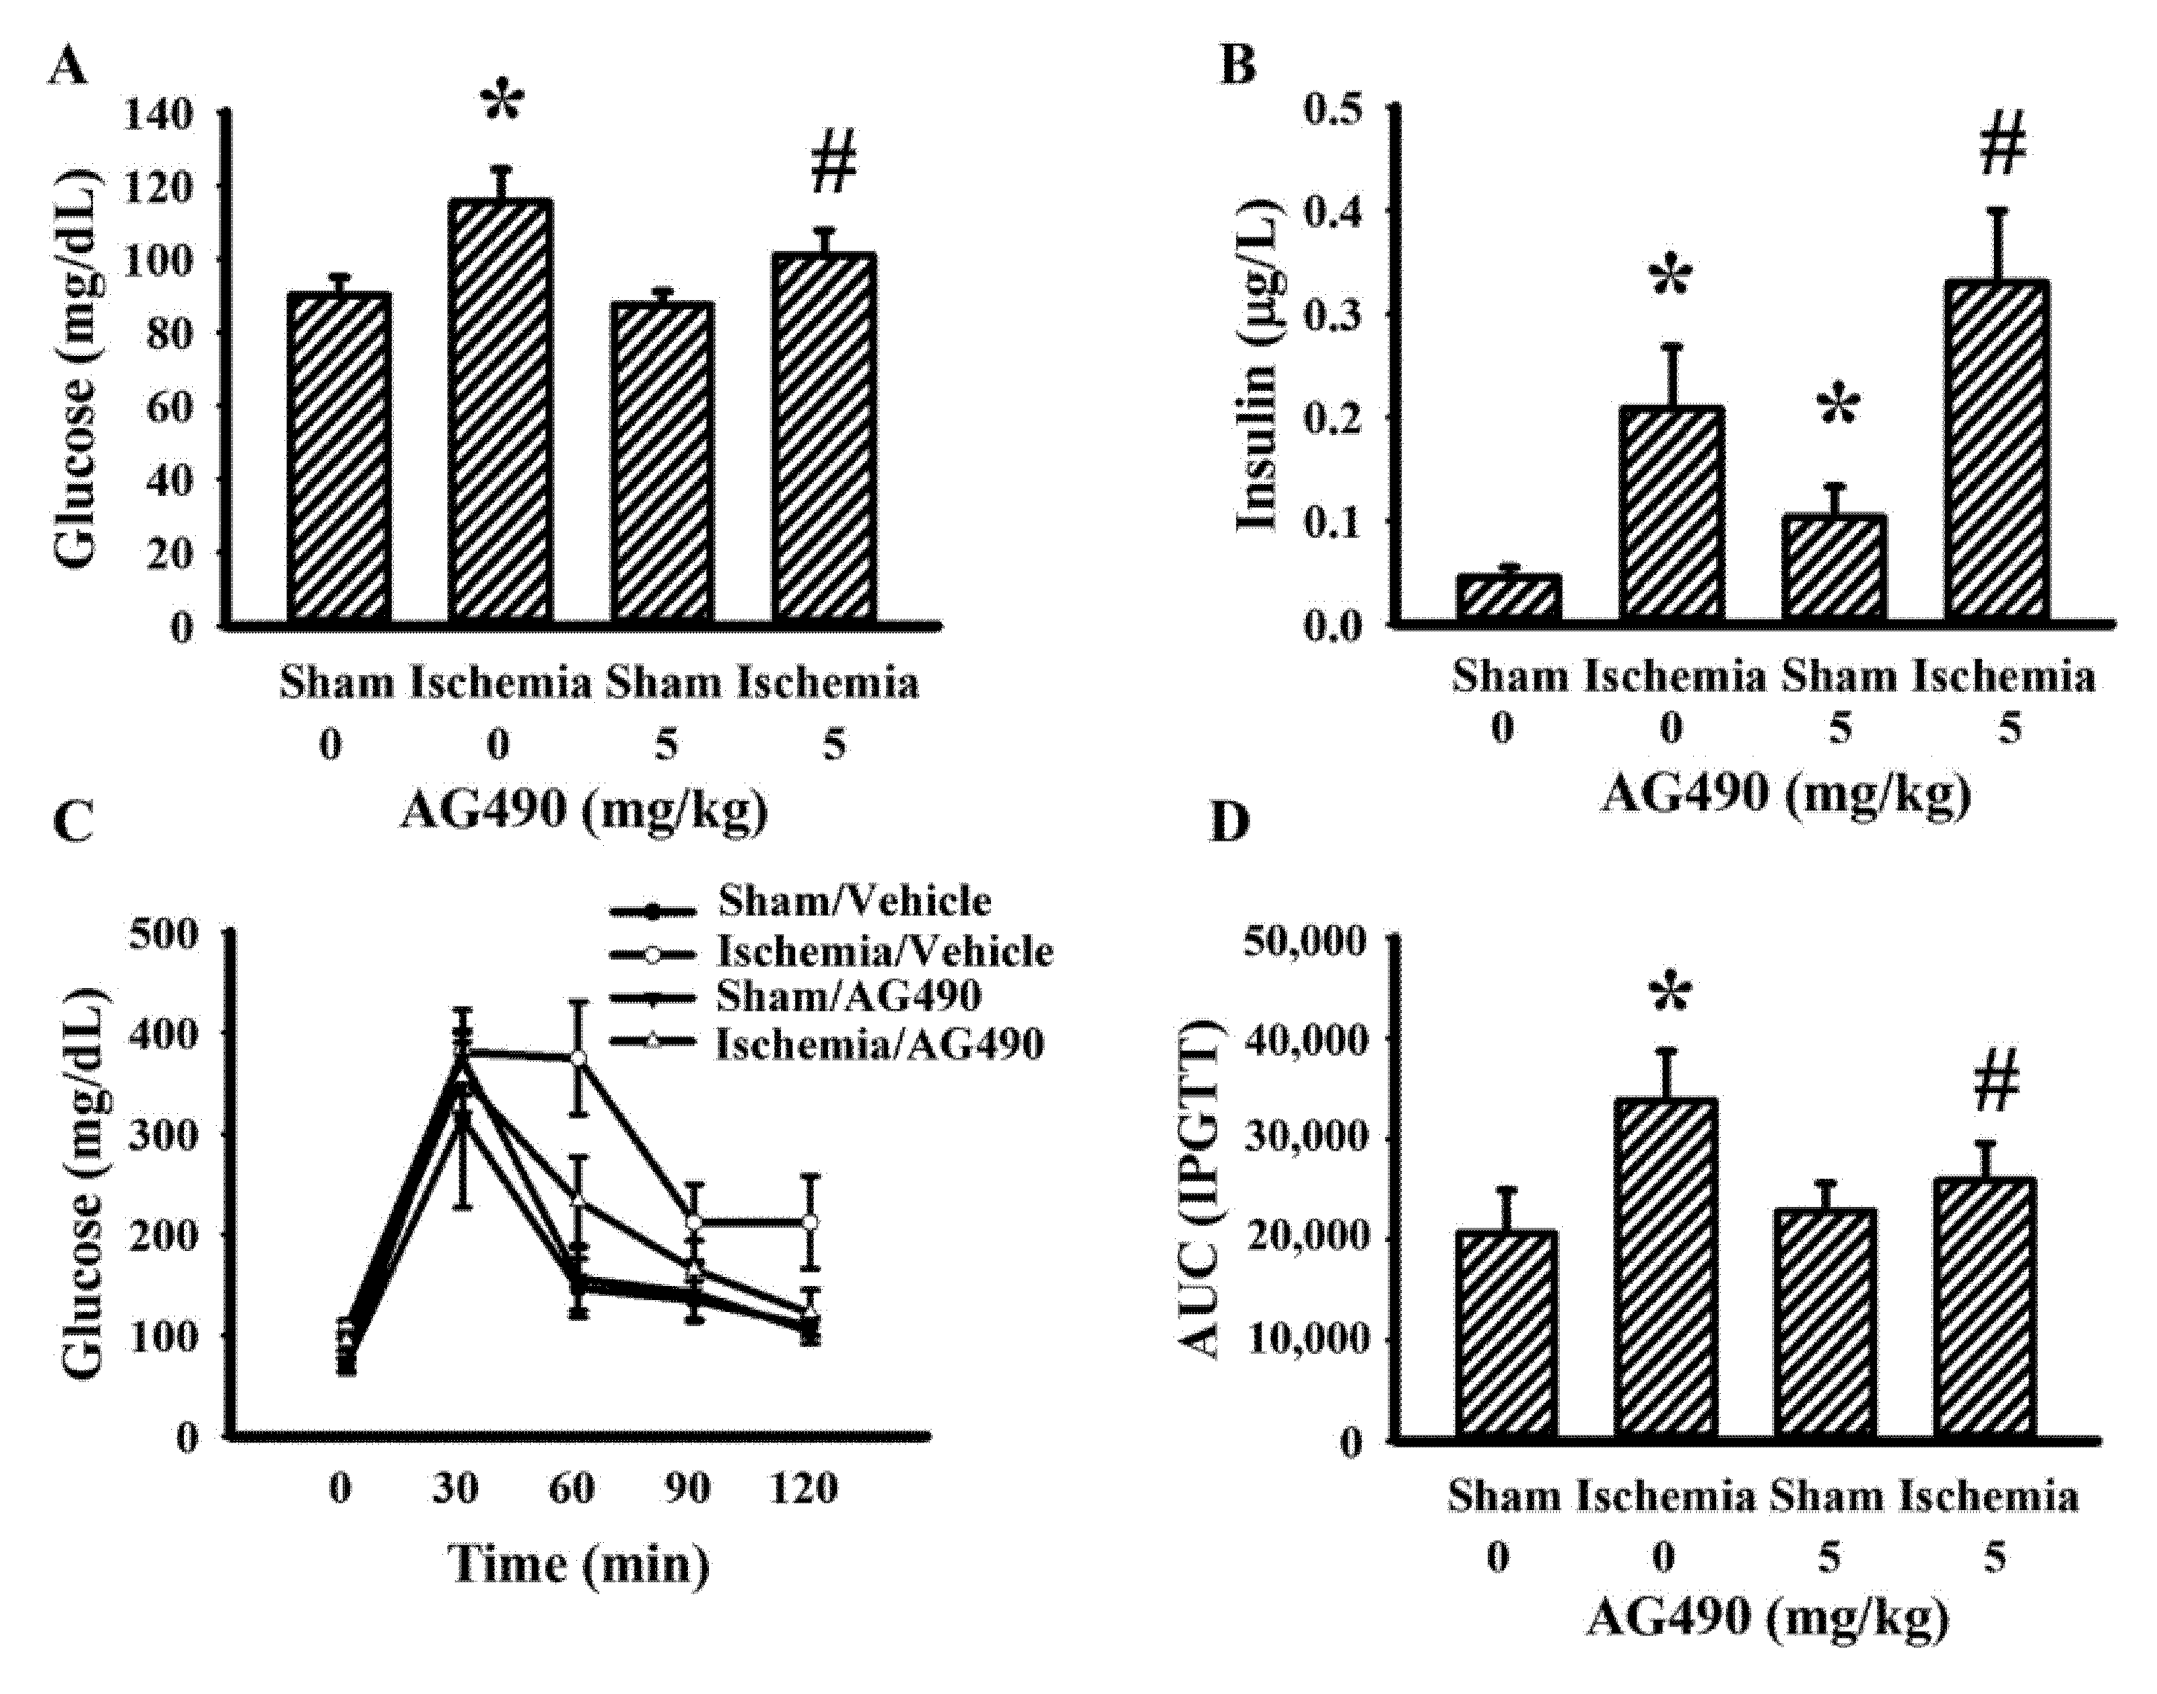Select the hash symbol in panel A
coord(833,165)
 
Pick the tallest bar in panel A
coord(500,412)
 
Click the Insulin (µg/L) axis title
coord(1261,377)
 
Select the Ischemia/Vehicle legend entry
coord(882,952)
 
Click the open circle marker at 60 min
coord(579,1060)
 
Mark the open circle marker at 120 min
coord(810,1222)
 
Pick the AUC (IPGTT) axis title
coord(1201,1190)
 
